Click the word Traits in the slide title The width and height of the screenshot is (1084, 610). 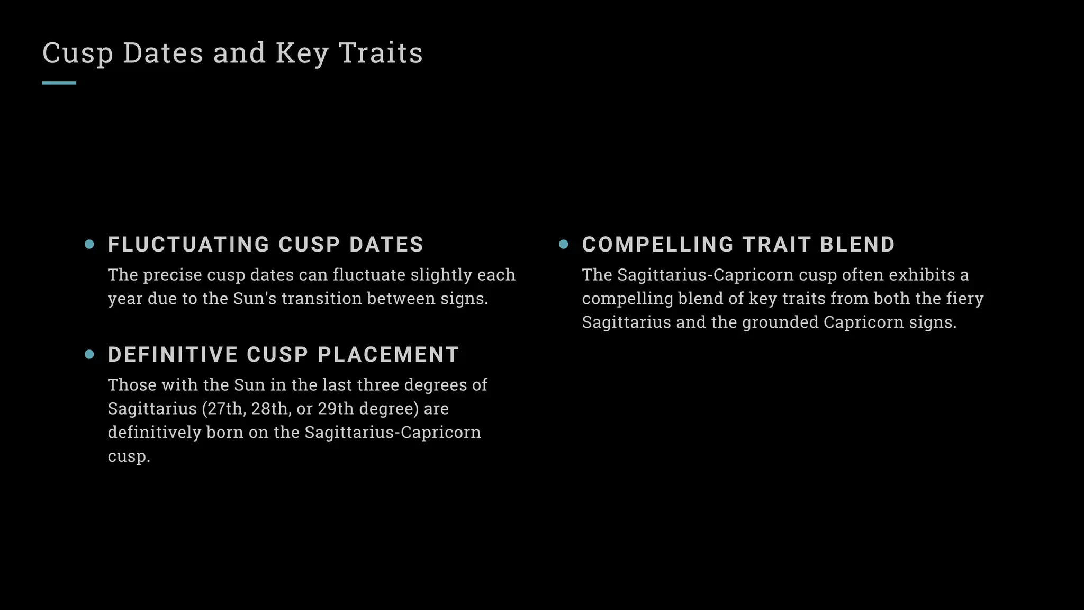click(x=381, y=53)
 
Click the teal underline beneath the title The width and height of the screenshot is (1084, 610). click(x=59, y=83)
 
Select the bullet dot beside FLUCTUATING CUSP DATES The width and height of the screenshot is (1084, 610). click(x=89, y=244)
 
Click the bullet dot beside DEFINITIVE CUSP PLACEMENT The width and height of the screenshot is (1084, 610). click(x=89, y=354)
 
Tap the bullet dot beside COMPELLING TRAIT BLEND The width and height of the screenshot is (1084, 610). click(x=564, y=244)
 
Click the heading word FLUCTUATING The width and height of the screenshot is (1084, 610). click(x=189, y=245)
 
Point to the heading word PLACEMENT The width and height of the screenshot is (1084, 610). click(x=388, y=355)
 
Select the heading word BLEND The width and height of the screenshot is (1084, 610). click(x=857, y=245)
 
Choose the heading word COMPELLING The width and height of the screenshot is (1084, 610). click(x=658, y=245)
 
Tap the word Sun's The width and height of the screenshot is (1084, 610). click(x=255, y=299)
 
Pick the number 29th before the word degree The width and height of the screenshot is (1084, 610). click(x=336, y=409)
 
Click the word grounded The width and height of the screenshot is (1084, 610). click(x=780, y=322)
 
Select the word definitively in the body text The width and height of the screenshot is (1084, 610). click(x=155, y=433)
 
